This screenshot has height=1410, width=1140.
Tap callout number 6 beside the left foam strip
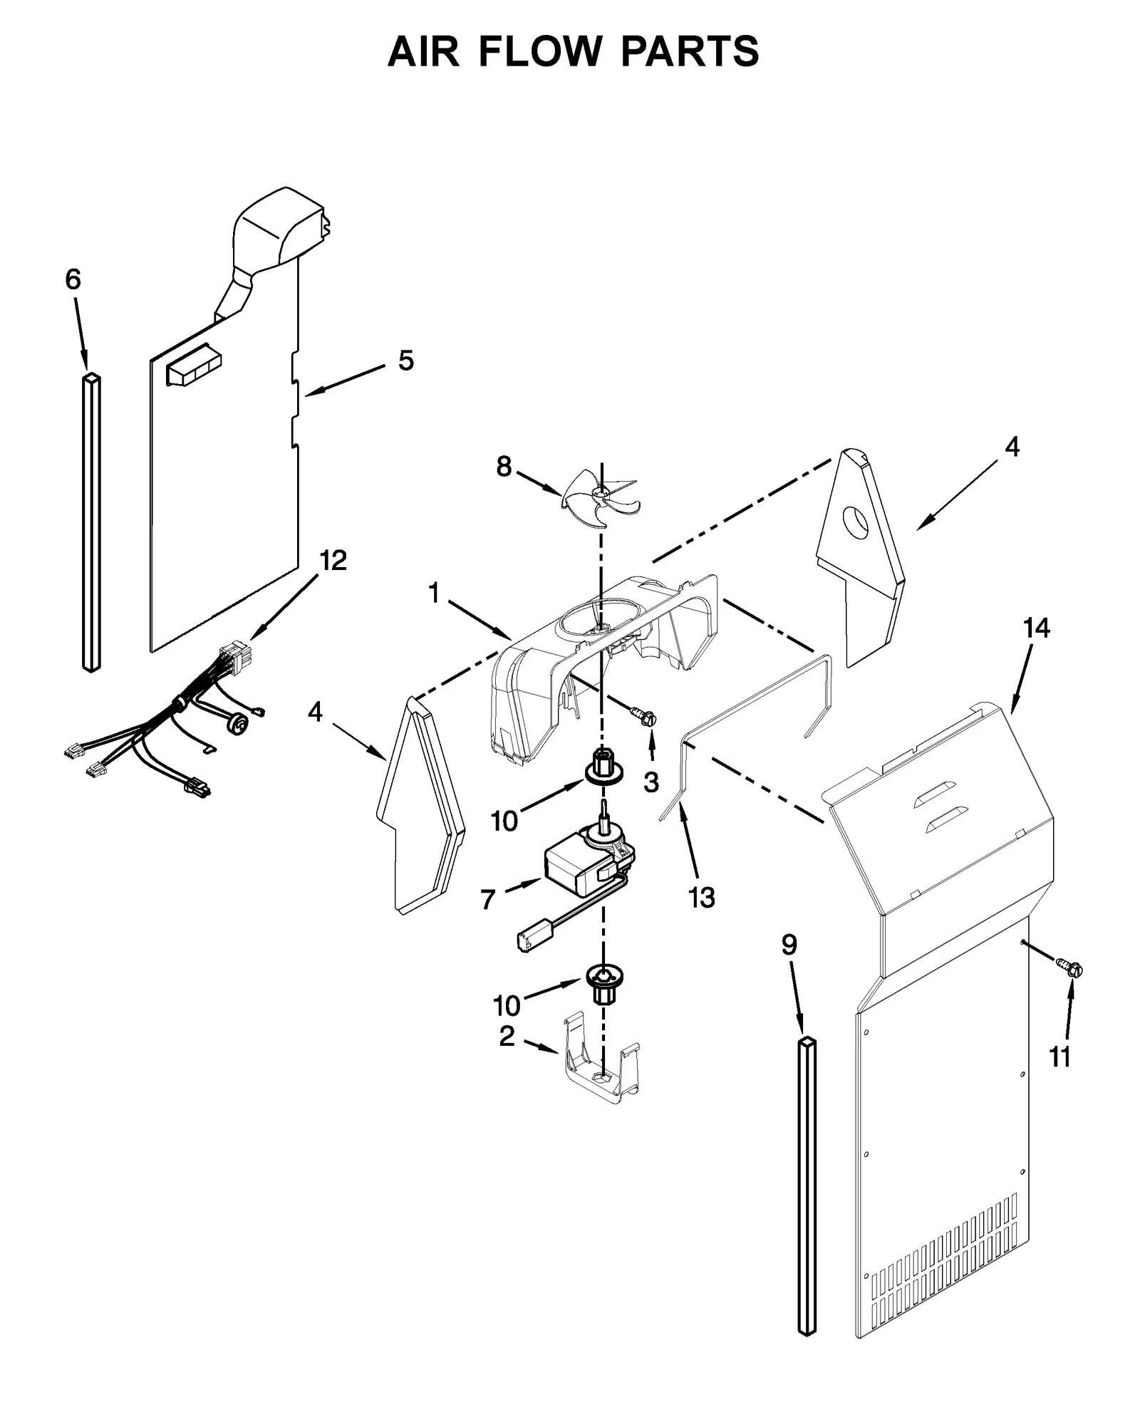(x=73, y=280)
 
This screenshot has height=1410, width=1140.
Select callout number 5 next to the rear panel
(x=405, y=361)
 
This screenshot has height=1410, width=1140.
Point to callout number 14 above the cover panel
(x=1036, y=628)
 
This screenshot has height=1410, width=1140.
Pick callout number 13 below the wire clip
(x=702, y=898)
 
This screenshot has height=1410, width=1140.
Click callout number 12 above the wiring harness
(x=333, y=561)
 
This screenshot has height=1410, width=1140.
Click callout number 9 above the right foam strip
(x=789, y=945)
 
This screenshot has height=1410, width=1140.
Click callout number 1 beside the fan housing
(x=434, y=593)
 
